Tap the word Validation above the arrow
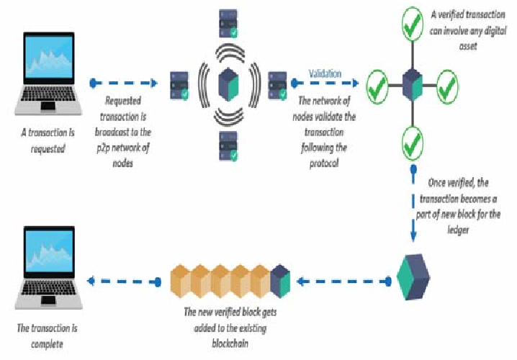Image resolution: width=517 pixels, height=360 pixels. pyautogui.click(x=325, y=73)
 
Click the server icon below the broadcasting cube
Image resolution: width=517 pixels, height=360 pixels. pyautogui.click(x=231, y=145)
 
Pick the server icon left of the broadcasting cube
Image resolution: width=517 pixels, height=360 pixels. pyautogui.click(x=180, y=86)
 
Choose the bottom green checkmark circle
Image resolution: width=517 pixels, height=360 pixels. pyautogui.click(x=411, y=143)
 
